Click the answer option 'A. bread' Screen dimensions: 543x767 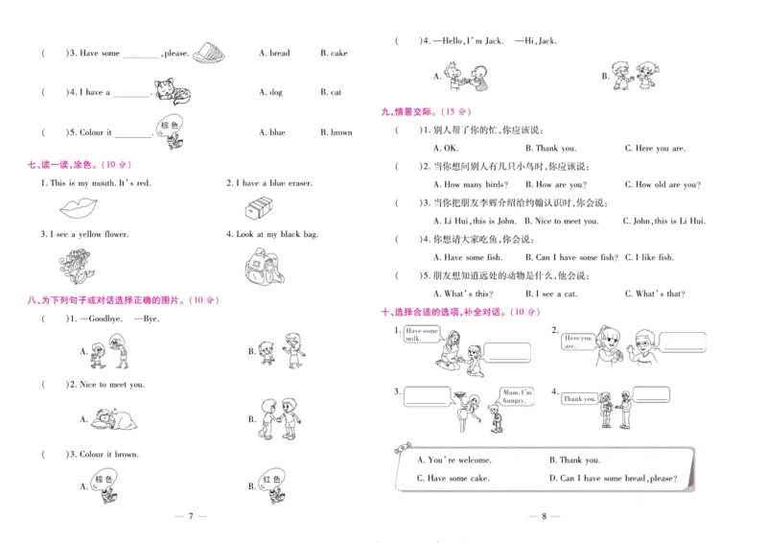tap(274, 54)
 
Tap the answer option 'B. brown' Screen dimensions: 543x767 tap(337, 133)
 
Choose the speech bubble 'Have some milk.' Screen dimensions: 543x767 tap(422, 334)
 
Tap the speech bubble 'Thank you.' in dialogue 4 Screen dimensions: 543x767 tap(579, 398)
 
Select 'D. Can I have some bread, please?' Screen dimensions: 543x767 tap(613, 478)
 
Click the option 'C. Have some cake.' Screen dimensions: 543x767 tap(453, 478)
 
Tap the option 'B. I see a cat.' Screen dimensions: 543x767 tap(556, 294)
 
